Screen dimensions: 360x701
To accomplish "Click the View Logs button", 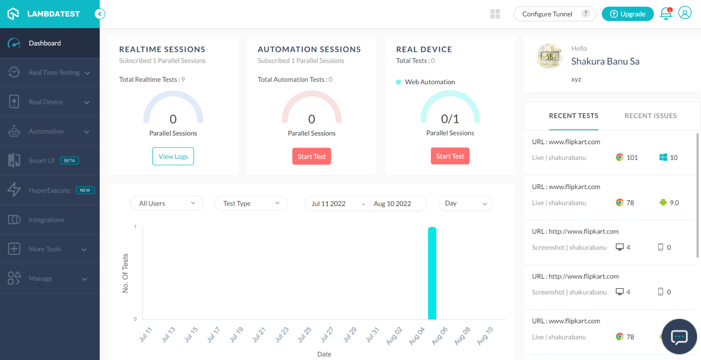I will pos(173,156).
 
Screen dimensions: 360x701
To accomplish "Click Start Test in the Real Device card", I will pos(450,156).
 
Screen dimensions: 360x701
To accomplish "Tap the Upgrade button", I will pos(627,14).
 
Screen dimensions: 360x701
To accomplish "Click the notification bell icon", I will pos(666,14).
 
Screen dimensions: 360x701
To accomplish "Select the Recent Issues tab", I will pos(651,116).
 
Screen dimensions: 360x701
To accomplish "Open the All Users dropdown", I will pos(167,204).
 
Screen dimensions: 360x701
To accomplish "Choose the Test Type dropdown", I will pos(251,204).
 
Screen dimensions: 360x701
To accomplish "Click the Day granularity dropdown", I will pos(465,204).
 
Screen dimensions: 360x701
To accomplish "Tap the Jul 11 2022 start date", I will pos(328,204).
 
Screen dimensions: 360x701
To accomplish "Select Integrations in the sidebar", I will pos(47,220).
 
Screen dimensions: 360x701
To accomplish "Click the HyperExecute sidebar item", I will pos(49,191).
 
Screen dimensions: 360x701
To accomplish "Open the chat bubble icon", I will pos(679,337).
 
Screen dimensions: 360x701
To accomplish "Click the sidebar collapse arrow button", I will pos(100,14).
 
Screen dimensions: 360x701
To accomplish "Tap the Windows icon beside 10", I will pos(663,158).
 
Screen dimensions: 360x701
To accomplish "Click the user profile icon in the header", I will pos(685,13).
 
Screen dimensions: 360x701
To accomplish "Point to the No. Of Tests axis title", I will pos(125,273).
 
